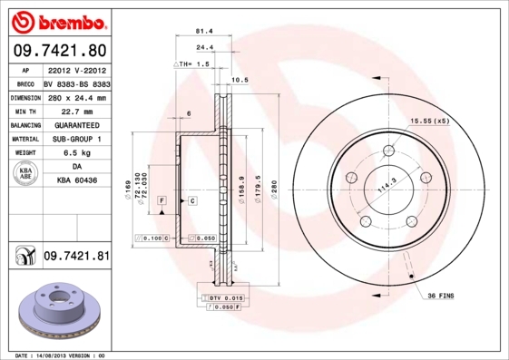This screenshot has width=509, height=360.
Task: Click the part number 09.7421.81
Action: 76,257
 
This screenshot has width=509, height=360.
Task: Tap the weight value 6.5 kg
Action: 76,153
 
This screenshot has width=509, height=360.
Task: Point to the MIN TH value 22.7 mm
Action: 76,111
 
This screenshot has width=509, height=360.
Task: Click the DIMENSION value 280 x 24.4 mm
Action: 76,97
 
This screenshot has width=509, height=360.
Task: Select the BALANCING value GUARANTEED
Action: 76,125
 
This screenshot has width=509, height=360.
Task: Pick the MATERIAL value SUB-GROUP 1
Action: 76,139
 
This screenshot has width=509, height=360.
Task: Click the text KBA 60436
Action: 76,182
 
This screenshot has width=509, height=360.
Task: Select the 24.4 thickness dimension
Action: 205,48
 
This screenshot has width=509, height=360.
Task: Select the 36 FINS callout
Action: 441,296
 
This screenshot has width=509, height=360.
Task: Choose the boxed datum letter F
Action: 161,199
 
